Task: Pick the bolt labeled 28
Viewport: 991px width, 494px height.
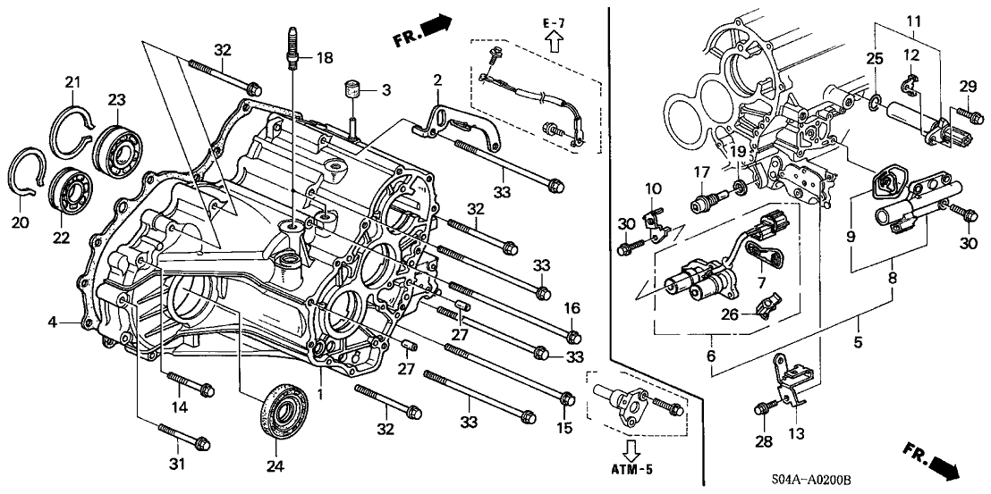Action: click(761, 408)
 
